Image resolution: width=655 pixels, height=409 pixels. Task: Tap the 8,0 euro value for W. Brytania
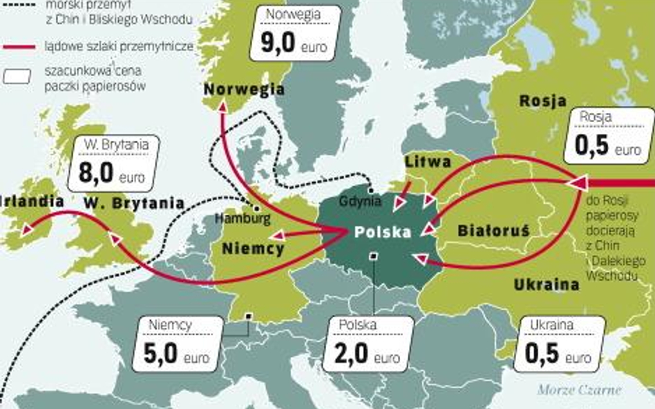coord(111,174)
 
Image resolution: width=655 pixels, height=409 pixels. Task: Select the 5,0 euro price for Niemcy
coord(178,355)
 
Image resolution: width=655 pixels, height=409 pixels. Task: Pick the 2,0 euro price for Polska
coord(367,355)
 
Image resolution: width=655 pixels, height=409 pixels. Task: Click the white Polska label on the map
coord(383,232)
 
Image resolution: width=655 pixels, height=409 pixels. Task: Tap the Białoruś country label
coord(493,231)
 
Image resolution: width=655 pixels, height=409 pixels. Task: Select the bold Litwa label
coord(428,162)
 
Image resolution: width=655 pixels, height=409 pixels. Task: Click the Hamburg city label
coord(242,219)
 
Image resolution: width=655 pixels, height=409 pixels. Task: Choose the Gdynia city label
coord(360,201)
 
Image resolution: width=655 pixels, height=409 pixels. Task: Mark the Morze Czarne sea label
coord(579,390)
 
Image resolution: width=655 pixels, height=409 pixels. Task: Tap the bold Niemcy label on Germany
coord(253,248)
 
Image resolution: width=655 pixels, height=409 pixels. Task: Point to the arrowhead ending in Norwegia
coord(222,106)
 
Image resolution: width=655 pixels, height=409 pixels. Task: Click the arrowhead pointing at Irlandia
coord(26,229)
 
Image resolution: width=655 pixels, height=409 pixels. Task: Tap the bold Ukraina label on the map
coord(546,284)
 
